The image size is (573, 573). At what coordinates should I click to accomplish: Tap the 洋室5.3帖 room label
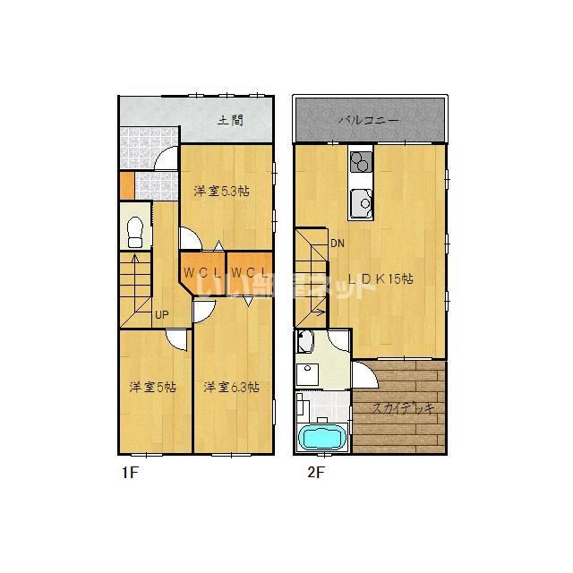coord(221,190)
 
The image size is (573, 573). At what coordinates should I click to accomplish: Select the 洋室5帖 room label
coord(151,387)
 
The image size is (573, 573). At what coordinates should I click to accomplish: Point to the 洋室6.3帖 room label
coord(231,387)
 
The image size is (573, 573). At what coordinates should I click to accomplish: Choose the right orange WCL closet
coord(245,271)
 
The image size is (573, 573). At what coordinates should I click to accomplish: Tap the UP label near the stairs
coord(161,314)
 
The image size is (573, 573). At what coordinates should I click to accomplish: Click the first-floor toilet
coord(135,232)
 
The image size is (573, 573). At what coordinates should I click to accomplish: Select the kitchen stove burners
coord(361,163)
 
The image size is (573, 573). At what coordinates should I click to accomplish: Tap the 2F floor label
coord(313,473)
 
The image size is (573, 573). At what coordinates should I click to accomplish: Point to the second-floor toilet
coord(306,343)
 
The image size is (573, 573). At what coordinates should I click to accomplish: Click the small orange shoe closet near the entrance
coord(126,184)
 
